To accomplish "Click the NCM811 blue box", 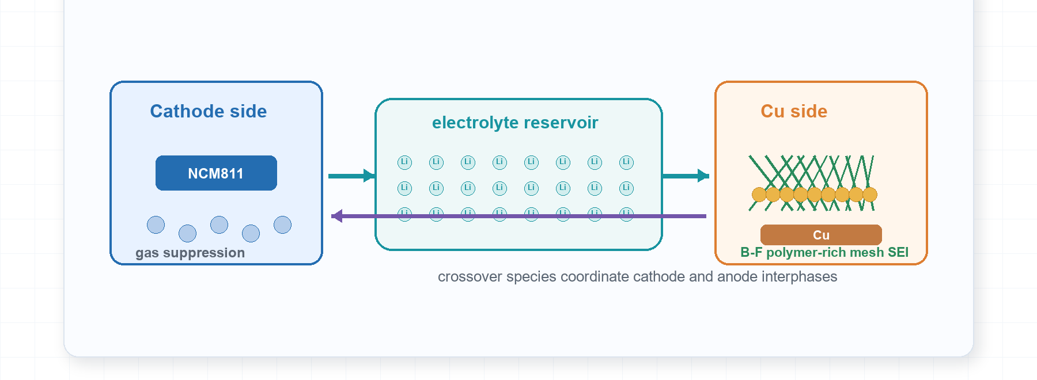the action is coord(216,173).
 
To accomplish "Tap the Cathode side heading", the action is coord(209,111).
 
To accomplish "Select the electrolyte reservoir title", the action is coord(515,123).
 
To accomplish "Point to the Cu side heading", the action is coord(794,111).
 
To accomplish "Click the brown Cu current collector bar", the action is coord(821,235).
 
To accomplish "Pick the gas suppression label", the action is coord(190,253).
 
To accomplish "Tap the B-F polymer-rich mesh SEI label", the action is coord(824,252).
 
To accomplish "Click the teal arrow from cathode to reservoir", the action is coord(352,176).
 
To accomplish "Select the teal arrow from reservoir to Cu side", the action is coord(686,176).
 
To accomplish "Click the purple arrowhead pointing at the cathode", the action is coord(337,216).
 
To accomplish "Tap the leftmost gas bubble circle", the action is coord(156,225).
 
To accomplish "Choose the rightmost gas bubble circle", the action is coord(282,225).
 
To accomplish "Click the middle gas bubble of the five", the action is coord(219,225).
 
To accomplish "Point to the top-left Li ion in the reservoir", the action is coord(404,162).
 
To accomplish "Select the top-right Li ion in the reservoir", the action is coord(626,162).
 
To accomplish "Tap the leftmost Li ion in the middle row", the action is coord(404,188).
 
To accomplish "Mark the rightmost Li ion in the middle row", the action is coord(626,188).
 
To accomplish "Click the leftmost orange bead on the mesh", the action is coord(759,195).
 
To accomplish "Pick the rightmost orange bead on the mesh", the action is coord(870,195).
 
